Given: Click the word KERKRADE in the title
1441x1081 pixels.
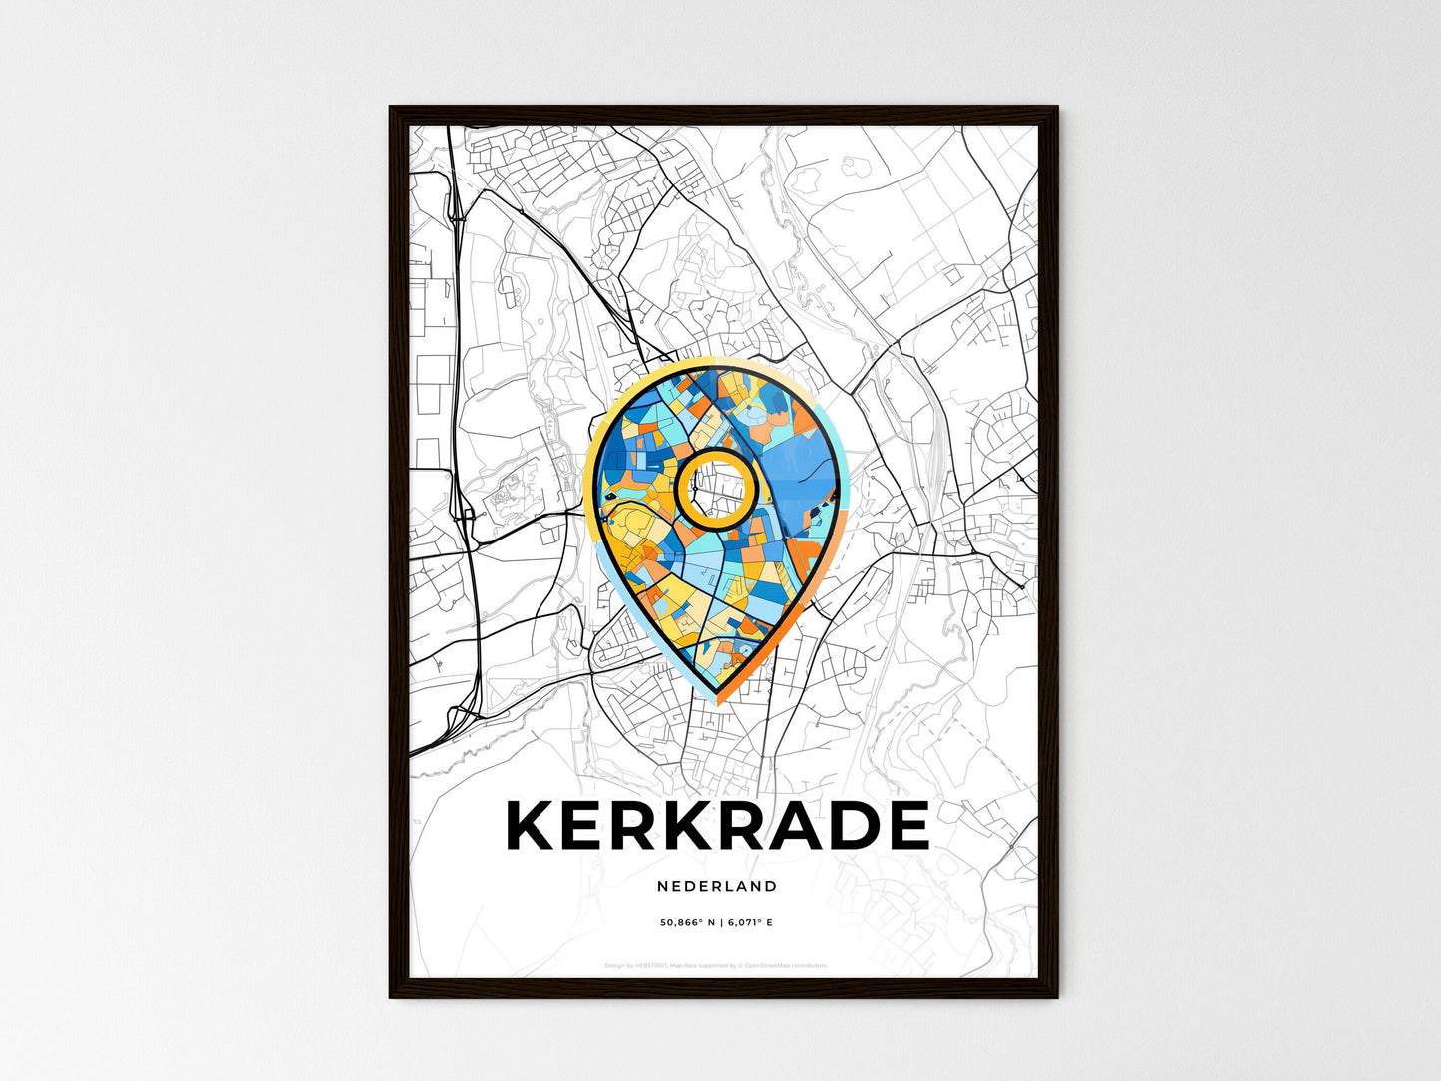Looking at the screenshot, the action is pos(717,826).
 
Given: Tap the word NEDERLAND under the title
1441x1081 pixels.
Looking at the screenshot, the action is pos(717,886).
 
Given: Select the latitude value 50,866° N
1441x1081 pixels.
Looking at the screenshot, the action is pos(687,923).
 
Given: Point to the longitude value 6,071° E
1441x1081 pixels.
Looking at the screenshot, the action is pos(751,923).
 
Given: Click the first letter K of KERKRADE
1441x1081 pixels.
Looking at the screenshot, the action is pos(532,826).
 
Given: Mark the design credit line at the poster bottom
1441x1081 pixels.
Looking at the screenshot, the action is pos(716,965).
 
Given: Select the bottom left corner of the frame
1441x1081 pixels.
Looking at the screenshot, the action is pos(391,996).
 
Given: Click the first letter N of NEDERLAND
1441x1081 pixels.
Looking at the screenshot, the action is pos(662,886).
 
